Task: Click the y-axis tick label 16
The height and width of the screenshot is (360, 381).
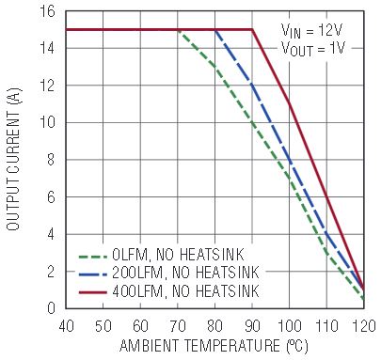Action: point(47,11)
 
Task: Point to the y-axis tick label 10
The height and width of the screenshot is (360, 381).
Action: point(47,122)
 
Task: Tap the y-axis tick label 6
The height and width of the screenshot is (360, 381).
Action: point(51,197)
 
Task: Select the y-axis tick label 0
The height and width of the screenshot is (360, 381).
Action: point(51,308)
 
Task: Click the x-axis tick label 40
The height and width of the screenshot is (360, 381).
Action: point(66,326)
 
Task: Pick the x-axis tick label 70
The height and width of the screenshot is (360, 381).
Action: point(178,326)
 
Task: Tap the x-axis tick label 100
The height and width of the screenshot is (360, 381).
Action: point(290,326)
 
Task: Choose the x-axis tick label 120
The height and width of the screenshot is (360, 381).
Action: point(364,326)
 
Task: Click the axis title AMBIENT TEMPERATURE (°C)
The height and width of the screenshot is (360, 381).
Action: point(214,346)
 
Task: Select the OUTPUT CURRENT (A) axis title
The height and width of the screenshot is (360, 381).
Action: point(13,160)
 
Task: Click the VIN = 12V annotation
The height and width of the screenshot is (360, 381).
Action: point(311,31)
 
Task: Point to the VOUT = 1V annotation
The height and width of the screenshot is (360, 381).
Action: point(313,49)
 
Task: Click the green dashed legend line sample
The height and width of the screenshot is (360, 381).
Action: point(92,257)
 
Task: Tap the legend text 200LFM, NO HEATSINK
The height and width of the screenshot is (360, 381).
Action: point(185,273)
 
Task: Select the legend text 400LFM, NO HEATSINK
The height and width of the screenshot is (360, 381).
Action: point(185,291)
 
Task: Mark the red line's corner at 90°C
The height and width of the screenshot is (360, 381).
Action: point(252,30)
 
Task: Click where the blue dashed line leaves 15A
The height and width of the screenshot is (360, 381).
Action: point(215,30)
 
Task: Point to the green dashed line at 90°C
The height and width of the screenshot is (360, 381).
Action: point(252,122)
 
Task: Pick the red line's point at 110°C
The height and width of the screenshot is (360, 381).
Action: point(326,197)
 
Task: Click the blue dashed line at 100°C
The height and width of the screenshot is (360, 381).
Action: point(290,160)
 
